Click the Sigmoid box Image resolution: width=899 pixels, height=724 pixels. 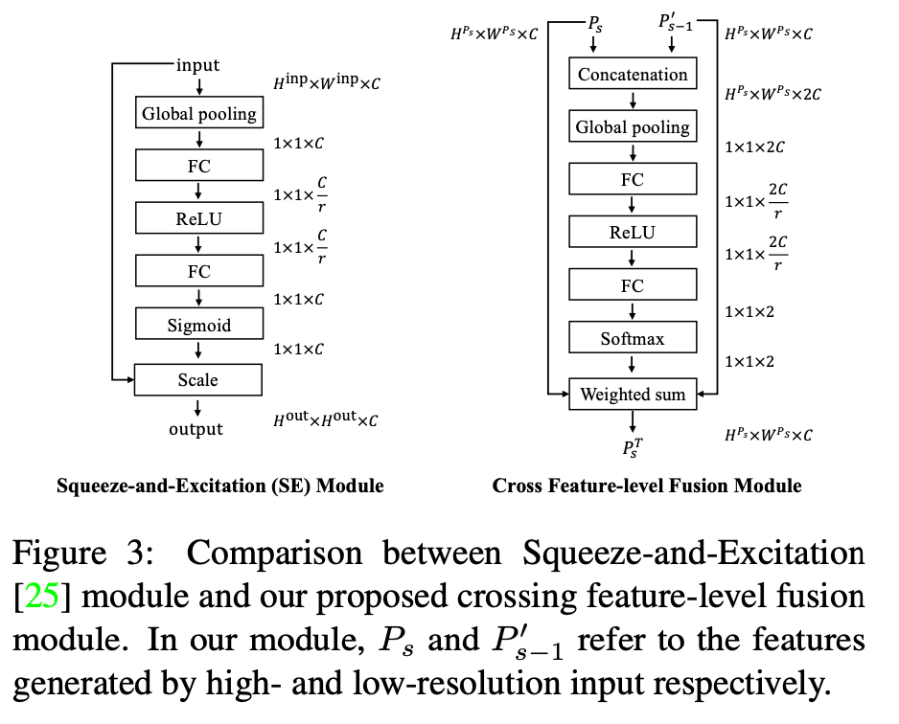click(x=198, y=326)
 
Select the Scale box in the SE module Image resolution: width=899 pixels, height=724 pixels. click(x=198, y=380)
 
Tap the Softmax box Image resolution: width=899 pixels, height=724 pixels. click(x=633, y=339)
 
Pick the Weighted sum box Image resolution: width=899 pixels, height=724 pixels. click(x=633, y=394)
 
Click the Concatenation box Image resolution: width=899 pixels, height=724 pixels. click(x=633, y=74)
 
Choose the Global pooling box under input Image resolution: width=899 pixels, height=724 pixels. click(x=198, y=114)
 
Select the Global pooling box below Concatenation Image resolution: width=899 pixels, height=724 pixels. click(x=633, y=126)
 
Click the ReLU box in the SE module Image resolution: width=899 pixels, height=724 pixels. click(x=198, y=219)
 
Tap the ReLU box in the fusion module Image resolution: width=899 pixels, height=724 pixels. click(x=633, y=233)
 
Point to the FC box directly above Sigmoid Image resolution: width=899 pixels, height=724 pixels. click(x=198, y=272)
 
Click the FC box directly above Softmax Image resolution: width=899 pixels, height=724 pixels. click(x=633, y=285)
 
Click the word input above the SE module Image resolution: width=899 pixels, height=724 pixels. click(x=197, y=65)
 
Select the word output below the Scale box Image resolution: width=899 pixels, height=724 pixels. click(x=196, y=429)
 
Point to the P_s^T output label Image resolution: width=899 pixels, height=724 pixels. click(x=633, y=448)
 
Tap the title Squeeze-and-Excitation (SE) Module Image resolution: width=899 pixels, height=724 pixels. click(x=220, y=486)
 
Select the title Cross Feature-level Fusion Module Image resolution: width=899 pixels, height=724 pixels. click(x=647, y=486)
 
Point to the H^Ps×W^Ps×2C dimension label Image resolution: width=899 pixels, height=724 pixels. click(x=772, y=93)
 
